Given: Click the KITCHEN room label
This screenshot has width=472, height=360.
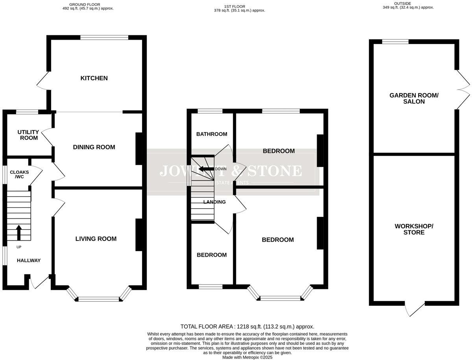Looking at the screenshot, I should coord(94,78).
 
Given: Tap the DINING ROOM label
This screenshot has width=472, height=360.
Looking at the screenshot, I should coord(94,147).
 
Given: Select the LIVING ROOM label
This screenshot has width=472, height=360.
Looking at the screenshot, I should coord(96,239).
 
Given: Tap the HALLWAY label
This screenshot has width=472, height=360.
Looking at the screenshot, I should coord(28,260).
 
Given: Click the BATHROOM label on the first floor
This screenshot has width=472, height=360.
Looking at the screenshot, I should coord(212,134).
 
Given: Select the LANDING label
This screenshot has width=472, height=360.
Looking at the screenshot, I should coord(214,202).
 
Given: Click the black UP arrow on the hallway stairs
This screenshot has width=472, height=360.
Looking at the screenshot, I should coord(18,232).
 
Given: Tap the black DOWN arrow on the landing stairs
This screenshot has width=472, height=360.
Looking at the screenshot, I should coord(205,169).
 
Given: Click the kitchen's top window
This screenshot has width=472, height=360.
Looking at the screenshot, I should coord(104,38).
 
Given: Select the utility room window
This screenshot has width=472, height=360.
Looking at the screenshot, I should coord(27,112).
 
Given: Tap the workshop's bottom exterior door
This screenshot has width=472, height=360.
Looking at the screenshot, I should coord(415,309).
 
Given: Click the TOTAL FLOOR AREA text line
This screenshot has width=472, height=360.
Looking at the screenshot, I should coord(247,327).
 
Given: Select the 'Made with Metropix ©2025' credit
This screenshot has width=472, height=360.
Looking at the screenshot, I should coord(247,357).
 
